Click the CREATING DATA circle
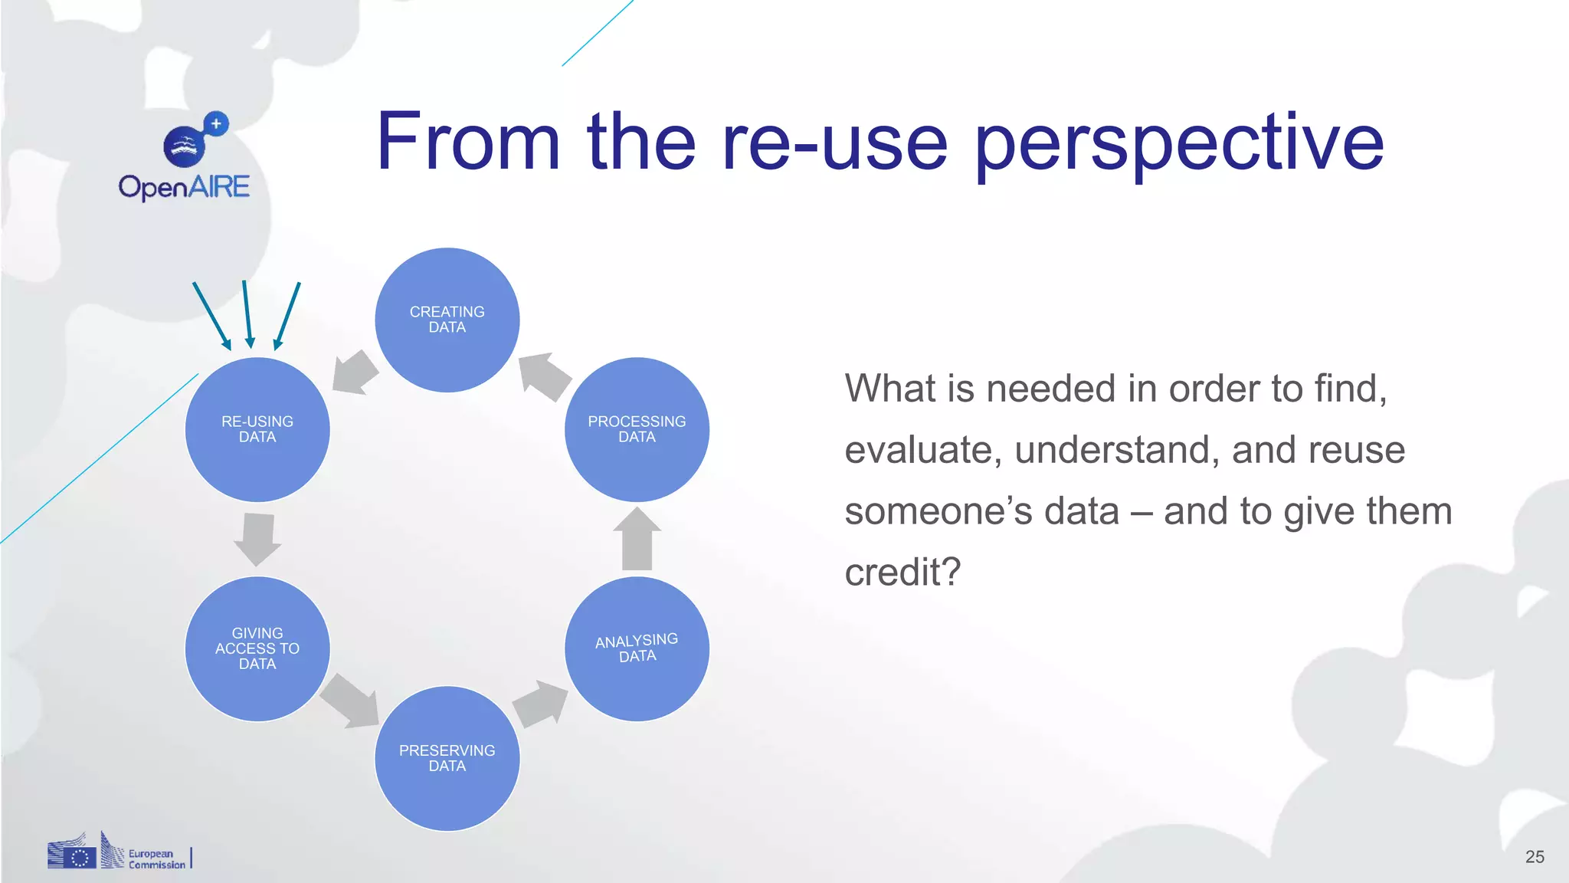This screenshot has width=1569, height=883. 447,320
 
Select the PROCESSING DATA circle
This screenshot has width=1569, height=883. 637,429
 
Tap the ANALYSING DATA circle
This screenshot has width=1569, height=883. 637,648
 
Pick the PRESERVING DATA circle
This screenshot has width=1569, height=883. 447,758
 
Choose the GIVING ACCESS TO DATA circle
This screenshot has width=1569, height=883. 257,648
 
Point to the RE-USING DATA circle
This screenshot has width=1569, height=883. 257,429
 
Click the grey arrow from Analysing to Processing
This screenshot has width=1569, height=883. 637,539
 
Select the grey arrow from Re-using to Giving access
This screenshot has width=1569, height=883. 257,539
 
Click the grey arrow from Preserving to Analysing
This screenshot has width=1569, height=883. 541,703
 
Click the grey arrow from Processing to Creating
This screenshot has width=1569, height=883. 544,376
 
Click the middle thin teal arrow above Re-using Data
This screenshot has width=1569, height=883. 247,314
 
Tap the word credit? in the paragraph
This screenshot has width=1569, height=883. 902,572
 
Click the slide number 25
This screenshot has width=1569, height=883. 1535,857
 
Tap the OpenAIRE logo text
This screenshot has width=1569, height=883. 184,186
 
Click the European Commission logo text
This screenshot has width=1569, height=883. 156,859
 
